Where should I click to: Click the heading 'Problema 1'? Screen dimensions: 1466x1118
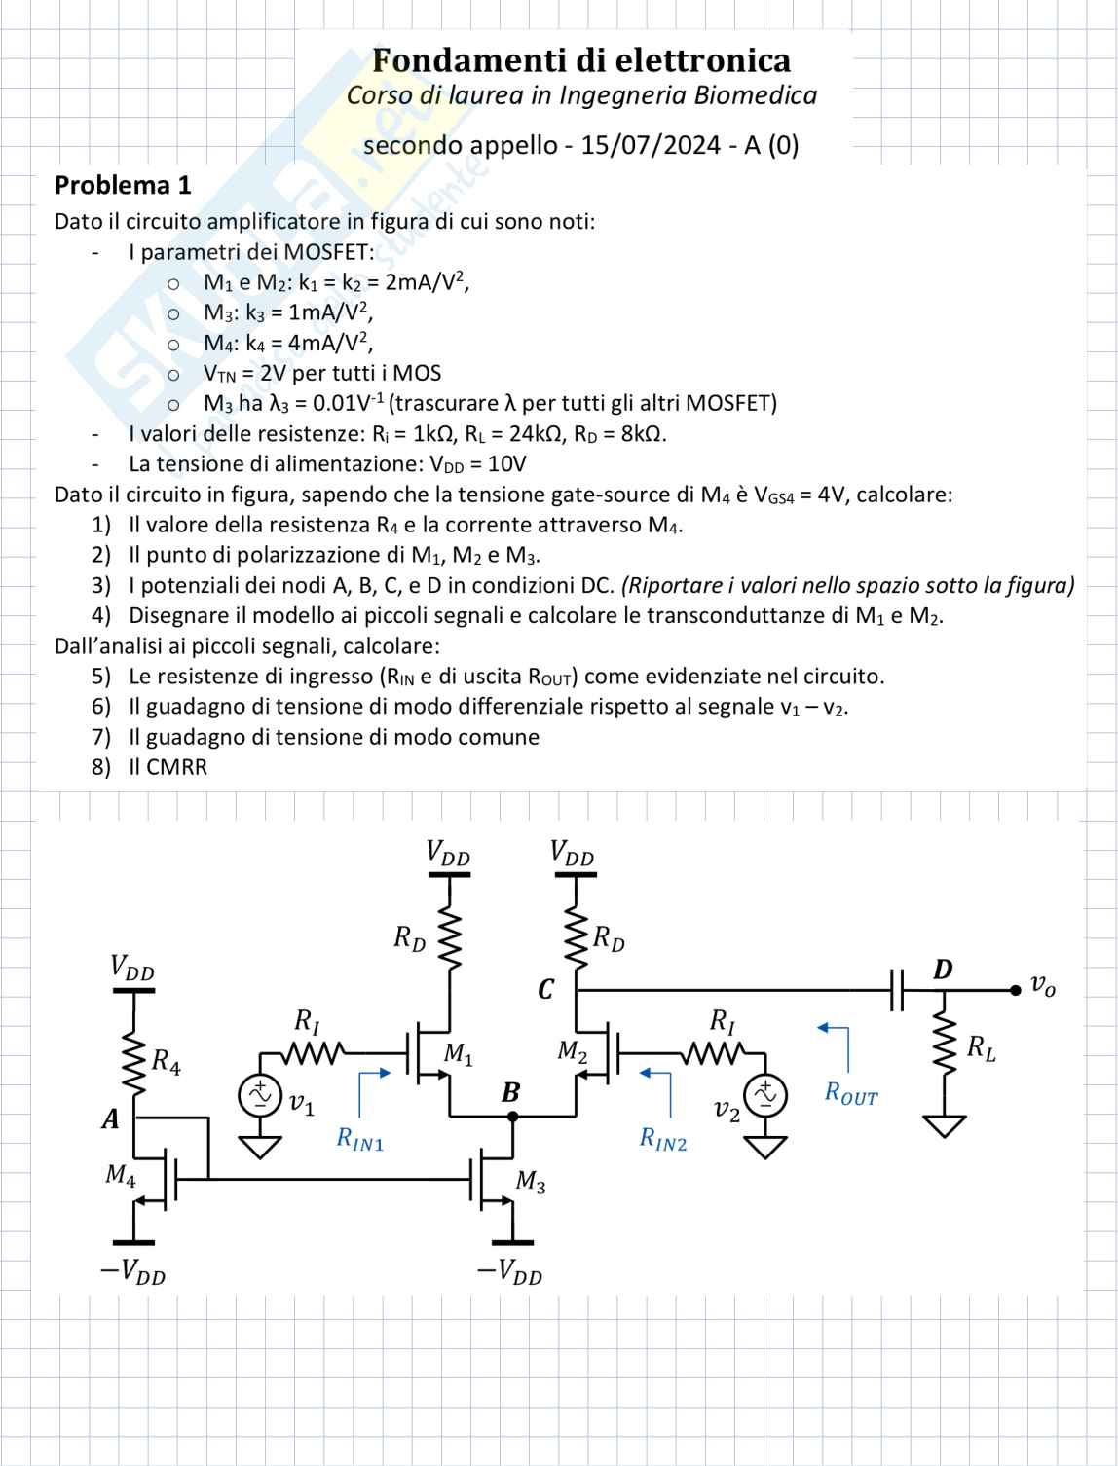pos(123,185)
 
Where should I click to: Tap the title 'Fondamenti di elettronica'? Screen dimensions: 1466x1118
pos(581,60)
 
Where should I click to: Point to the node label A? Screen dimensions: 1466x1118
pos(110,1119)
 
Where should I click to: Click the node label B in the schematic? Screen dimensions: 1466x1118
pos(510,1093)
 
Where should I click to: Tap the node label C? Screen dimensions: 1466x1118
pos(545,990)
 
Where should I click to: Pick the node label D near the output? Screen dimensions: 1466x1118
pos(943,970)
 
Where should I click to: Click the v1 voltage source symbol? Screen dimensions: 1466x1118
pos(261,1096)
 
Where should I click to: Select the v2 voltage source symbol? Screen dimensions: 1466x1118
pos(766,1096)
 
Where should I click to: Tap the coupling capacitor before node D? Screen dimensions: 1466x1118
pos(897,991)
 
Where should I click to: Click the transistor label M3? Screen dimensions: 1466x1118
pos(531,1182)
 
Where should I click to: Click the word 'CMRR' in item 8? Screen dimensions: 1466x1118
pos(176,767)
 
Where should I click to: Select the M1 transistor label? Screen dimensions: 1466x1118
pos(458,1053)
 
